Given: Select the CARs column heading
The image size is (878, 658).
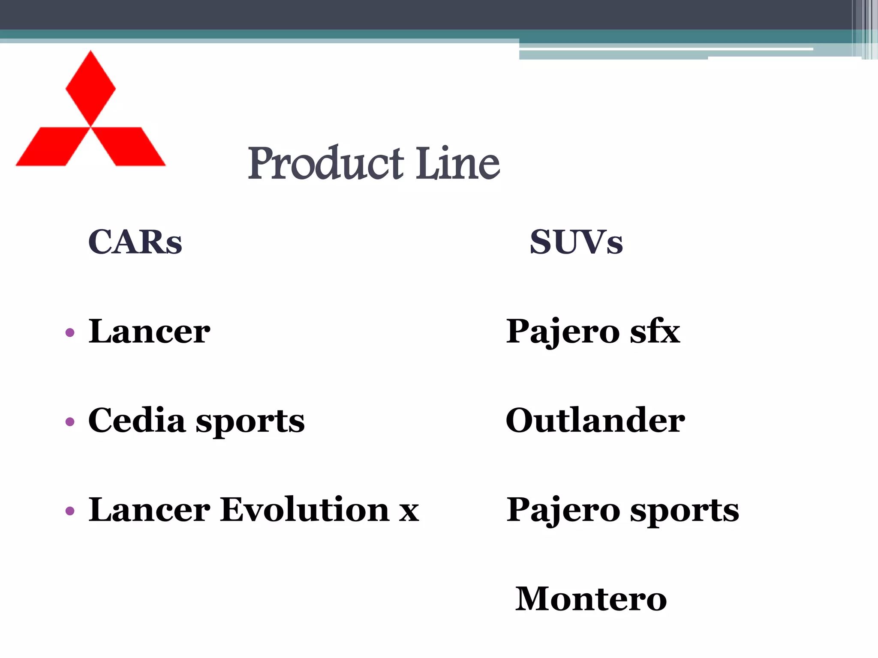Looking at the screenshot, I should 135,242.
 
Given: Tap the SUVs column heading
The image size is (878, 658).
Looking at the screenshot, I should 576,242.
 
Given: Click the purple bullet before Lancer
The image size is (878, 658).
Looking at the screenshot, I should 70,332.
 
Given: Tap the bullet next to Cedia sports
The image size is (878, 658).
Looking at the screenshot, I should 70,422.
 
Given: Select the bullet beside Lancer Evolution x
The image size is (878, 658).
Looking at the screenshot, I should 70,511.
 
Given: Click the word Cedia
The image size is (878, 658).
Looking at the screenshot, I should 137,421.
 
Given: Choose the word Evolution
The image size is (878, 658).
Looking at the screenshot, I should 304,510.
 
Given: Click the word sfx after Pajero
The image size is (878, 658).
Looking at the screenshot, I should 655,332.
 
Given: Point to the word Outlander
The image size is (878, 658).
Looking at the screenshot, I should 595,421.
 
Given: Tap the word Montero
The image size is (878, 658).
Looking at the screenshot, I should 591,599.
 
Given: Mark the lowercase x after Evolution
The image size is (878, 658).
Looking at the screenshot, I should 409,511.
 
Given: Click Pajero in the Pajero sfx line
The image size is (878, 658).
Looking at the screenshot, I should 563,332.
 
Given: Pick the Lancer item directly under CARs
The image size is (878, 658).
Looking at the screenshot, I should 149,332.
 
